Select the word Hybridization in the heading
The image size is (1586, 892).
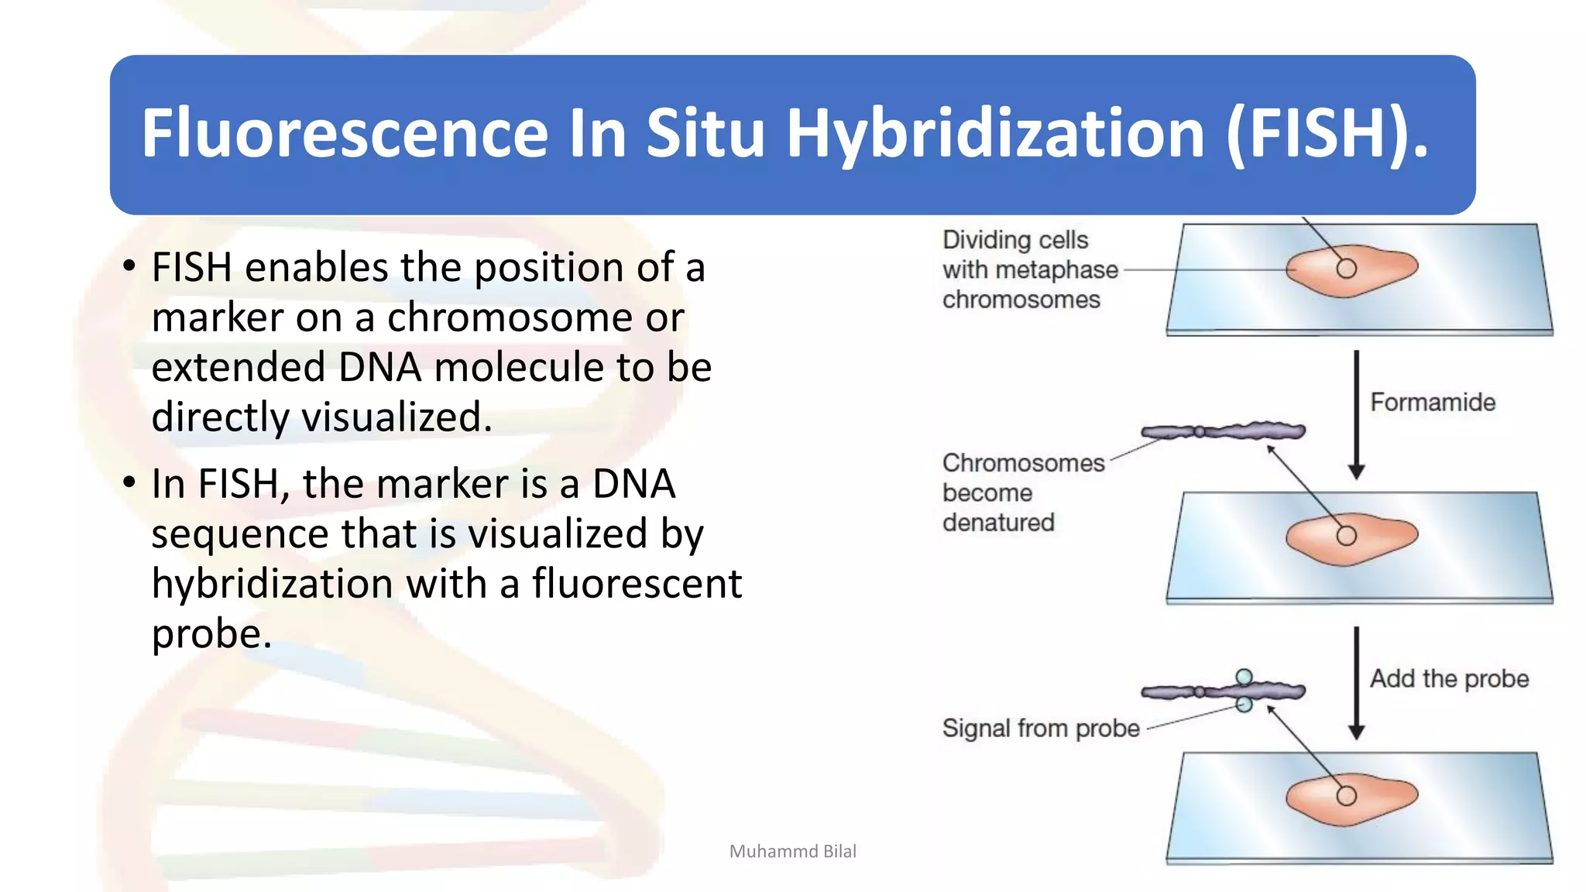(995, 133)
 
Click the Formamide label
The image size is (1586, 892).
(1432, 402)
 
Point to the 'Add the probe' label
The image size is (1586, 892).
(1449, 678)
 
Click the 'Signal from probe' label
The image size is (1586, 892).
(1040, 728)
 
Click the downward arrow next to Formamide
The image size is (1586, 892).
(1356, 414)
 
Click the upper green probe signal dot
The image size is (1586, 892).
(1244, 678)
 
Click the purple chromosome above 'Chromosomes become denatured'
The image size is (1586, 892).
(1224, 431)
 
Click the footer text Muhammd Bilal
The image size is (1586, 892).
(792, 851)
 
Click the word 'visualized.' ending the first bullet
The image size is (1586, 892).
(396, 417)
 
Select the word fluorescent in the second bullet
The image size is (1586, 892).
(637, 583)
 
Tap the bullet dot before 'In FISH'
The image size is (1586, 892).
(129, 482)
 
